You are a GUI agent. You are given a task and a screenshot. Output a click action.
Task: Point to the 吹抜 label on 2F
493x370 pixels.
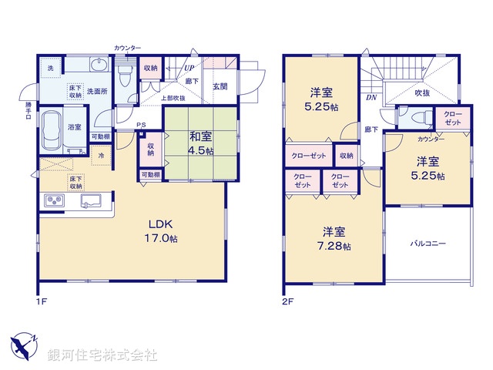(x=422, y=93)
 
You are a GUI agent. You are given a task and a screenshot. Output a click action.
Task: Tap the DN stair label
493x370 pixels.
(x=370, y=98)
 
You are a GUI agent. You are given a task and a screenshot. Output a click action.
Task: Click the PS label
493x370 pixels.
(x=141, y=126)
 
